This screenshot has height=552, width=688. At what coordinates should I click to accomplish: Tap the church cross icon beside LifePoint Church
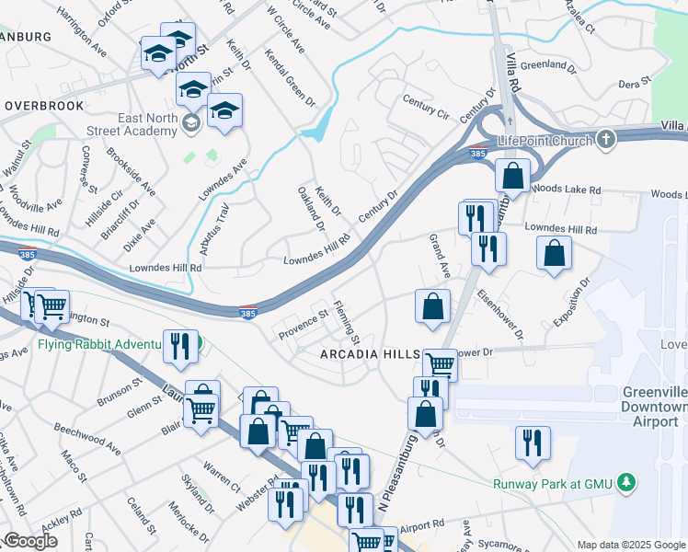point(604,140)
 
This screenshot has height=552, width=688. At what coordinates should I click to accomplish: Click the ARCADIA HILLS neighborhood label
point(370,355)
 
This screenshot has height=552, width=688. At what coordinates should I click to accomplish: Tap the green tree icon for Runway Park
point(626,481)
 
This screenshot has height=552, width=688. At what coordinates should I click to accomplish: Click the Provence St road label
point(304,323)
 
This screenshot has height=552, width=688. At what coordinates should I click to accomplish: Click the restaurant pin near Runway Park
point(533,443)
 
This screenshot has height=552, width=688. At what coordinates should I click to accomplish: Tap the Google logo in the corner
point(30,541)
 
